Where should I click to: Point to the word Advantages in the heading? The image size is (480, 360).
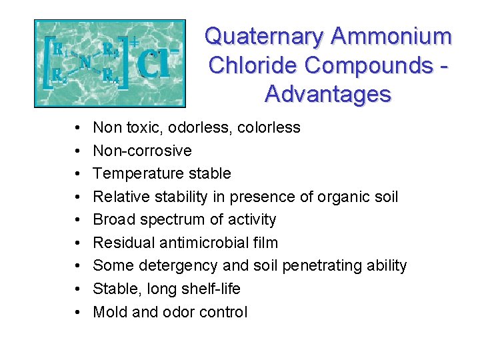coord(327,94)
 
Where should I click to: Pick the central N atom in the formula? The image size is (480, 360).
coord(85,62)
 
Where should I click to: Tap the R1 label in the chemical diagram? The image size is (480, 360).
coord(58,49)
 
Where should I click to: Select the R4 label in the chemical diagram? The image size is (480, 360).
coord(111,75)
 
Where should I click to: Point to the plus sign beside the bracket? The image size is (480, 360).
coord(134,42)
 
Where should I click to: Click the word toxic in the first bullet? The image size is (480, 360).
coord(136,127)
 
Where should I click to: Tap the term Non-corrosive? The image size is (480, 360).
coord(142,151)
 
